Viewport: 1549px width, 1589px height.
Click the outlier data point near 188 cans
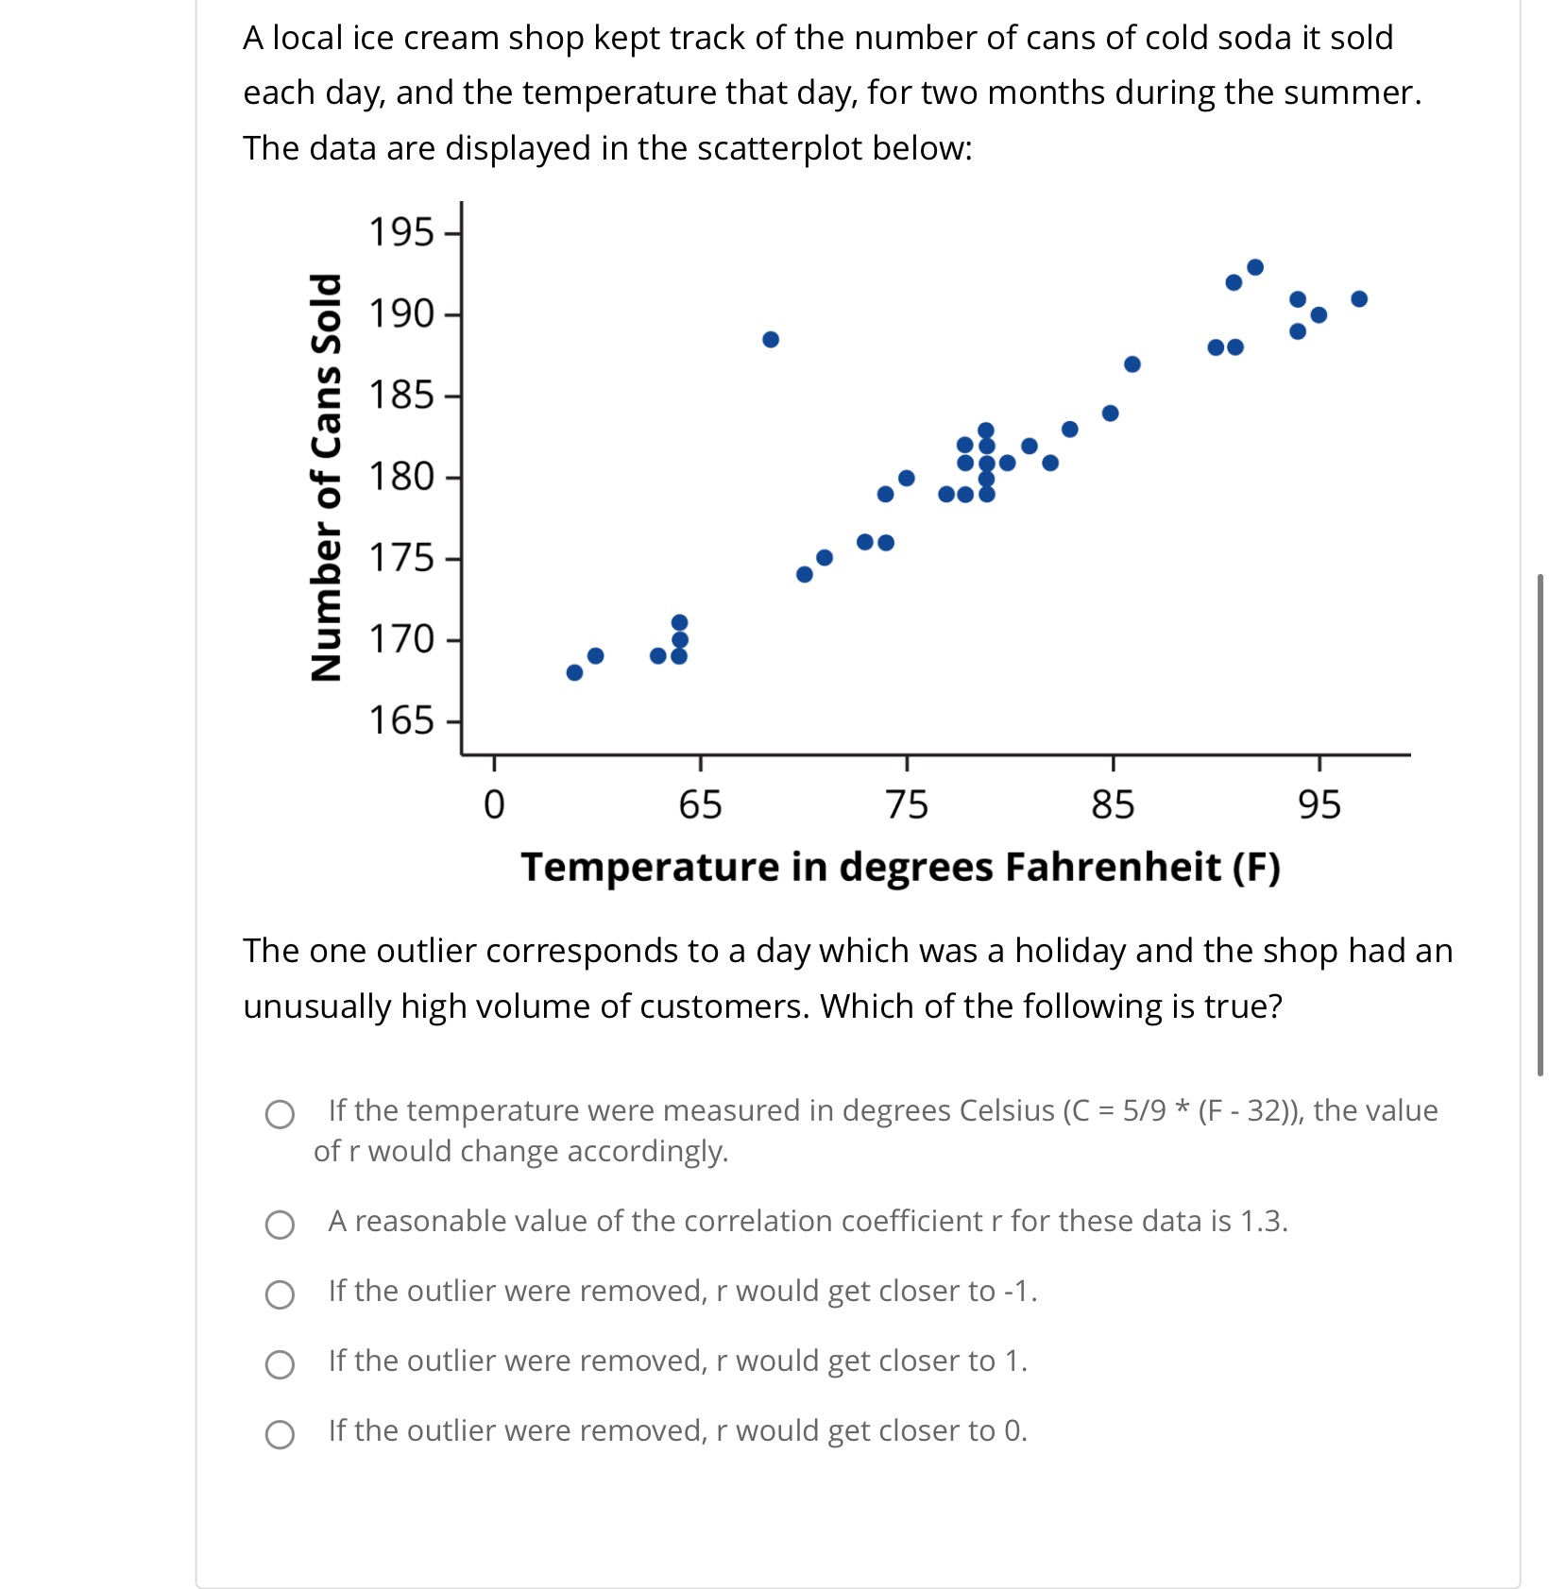[771, 340]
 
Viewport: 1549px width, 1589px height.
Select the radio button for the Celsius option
[280, 1114]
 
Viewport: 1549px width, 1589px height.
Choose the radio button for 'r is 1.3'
[280, 1225]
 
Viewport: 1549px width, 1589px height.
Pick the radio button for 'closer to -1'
[280, 1294]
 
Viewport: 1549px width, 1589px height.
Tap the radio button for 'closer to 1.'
[280, 1364]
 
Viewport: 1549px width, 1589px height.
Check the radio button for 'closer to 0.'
[280, 1434]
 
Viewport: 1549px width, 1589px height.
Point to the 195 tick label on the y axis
[400, 232]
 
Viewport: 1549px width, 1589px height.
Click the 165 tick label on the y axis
[400, 721]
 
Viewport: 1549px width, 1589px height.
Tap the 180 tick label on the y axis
[400, 477]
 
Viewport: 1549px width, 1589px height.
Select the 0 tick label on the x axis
[494, 805]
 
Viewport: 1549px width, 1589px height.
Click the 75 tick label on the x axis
[907, 805]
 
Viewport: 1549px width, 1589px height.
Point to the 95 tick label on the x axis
[1319, 805]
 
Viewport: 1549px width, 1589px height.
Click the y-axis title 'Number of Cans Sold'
[326, 477]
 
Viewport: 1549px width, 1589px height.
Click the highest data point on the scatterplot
[1255, 267]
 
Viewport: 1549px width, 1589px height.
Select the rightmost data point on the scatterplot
[1359, 299]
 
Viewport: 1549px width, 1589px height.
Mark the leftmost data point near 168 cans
[574, 672]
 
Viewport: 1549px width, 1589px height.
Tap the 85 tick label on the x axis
[1113, 805]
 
